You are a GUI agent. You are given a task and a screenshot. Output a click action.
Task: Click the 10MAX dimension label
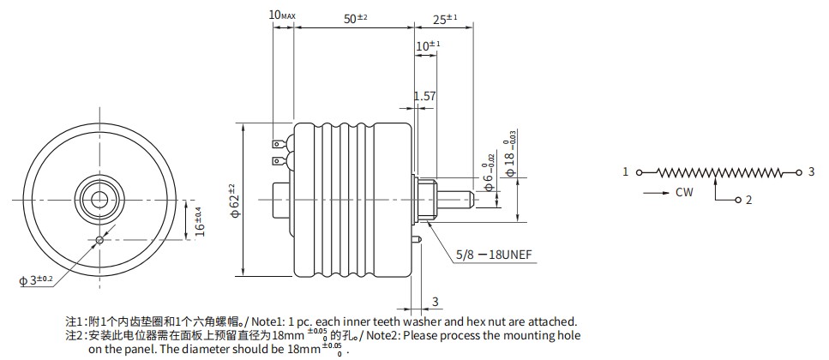pos(282,15)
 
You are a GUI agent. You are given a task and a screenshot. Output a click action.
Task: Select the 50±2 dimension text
pos(355,19)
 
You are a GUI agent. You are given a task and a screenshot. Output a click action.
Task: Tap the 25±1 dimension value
pos(445,19)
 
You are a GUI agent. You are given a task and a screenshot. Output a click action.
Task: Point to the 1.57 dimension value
pos(424,96)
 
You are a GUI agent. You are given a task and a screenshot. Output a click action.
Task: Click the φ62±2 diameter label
pos(235,200)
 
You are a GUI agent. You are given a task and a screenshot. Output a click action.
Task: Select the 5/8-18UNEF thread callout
pos(494,255)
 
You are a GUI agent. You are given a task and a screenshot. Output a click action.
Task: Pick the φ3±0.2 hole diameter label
pos(37,279)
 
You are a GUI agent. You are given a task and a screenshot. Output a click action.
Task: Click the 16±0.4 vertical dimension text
pos(199,222)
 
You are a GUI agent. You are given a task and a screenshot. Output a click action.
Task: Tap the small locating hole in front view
pos(99,241)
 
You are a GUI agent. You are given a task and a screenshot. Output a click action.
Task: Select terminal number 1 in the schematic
pos(626,171)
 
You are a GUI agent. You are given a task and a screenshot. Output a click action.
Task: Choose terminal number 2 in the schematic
pos(748,200)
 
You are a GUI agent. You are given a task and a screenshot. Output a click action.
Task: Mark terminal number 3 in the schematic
pos(812,171)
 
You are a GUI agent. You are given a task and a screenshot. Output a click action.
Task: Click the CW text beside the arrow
pos(684,192)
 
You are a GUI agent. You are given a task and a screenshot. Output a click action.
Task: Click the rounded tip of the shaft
pos(472,200)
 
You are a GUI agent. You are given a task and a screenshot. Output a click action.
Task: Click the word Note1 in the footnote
pos(266,321)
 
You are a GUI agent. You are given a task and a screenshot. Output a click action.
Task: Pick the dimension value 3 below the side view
pos(436,302)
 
